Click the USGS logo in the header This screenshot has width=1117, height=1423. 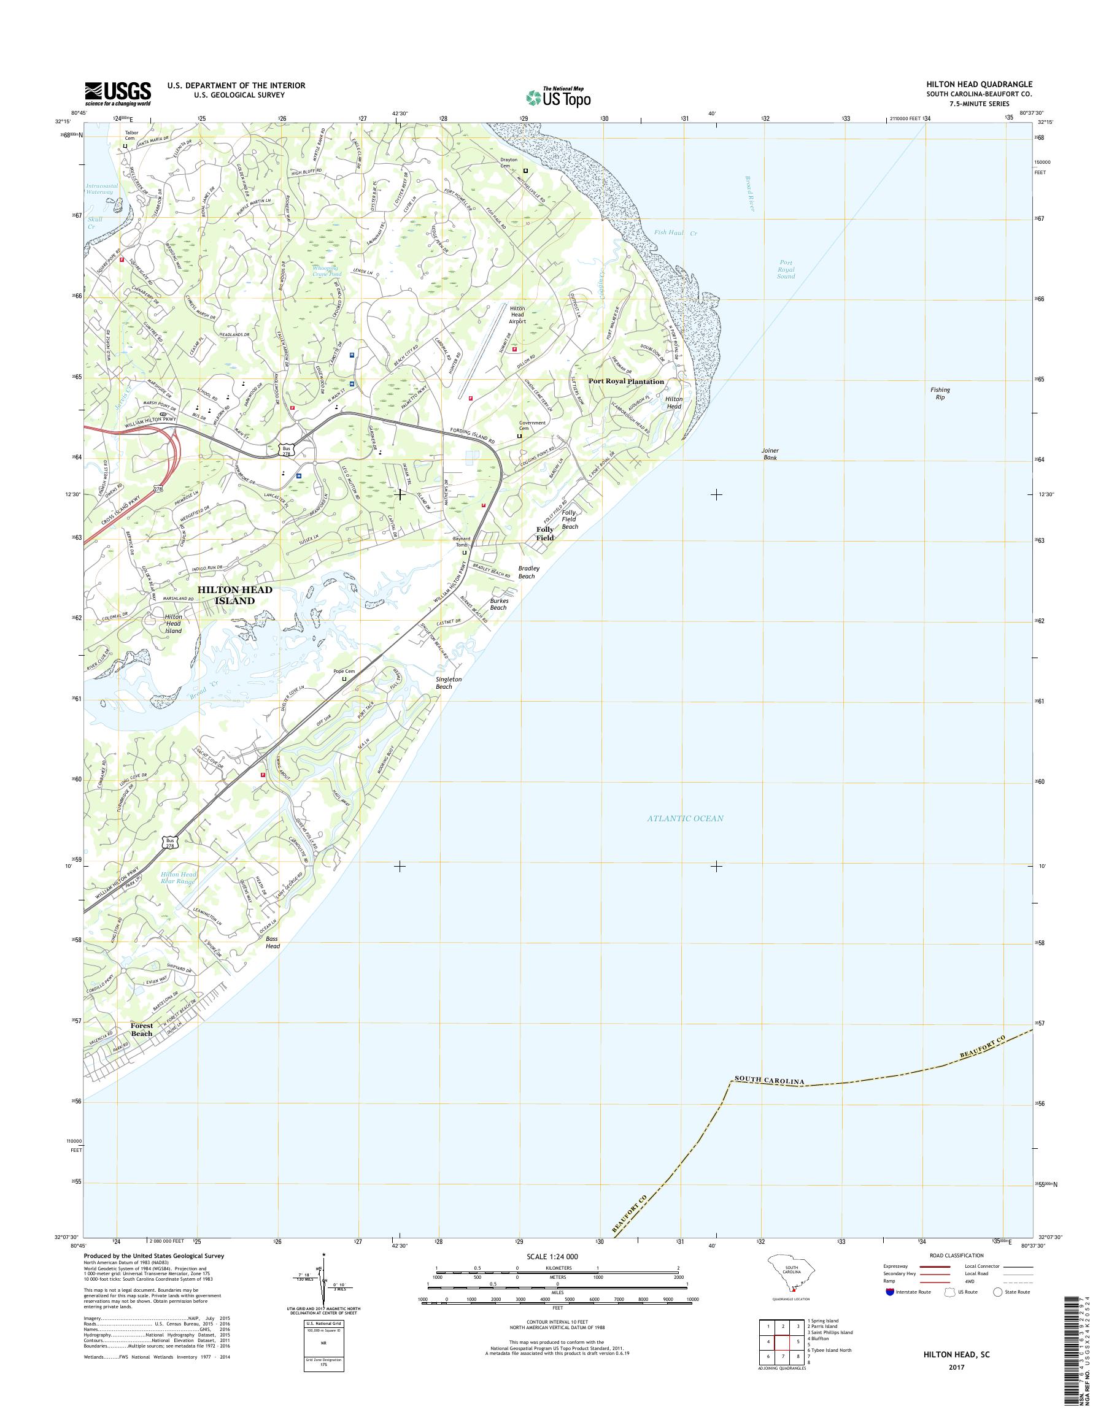pos(118,93)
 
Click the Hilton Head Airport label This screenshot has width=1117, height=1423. pos(518,315)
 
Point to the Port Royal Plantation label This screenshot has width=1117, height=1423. pos(626,381)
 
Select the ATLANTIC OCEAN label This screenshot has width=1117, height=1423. pos(686,818)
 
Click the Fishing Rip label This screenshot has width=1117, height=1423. pos(940,394)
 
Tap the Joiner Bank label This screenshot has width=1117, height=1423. pos(770,455)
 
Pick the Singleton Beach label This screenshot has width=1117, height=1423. pos(449,683)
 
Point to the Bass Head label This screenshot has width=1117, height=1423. pos(272,943)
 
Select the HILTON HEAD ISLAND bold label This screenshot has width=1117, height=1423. pos(236,595)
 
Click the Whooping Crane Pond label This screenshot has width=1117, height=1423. pos(325,270)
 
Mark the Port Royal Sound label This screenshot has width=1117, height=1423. pos(786,269)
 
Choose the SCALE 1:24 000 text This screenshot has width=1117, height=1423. pos(552,1257)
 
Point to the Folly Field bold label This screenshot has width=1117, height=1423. pos(545,534)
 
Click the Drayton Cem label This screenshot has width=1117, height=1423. pos(509,163)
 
